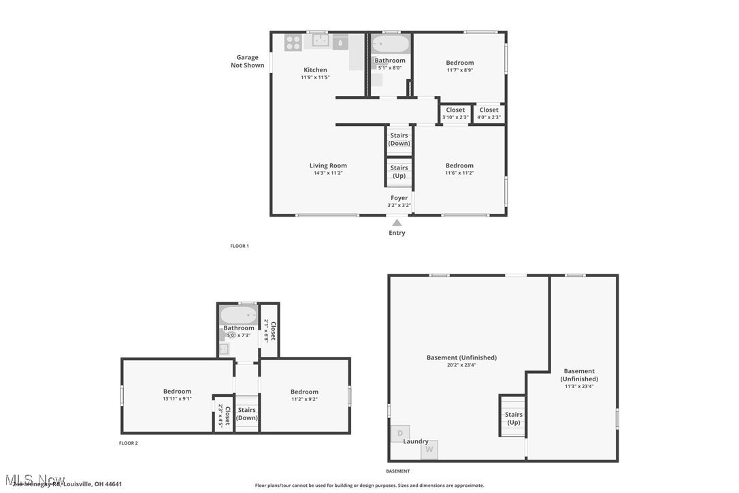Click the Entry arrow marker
pyautogui.click(x=397, y=222)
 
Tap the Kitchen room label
pyautogui.click(x=315, y=70)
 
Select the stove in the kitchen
pyautogui.click(x=293, y=42)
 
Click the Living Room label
pyautogui.click(x=328, y=165)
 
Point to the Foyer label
pyautogui.click(x=399, y=198)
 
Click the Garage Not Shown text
pyautogui.click(x=247, y=61)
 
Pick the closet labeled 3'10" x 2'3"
pyautogui.click(x=455, y=113)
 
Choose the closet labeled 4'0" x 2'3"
pyautogui.click(x=489, y=113)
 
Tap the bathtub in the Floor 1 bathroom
pyautogui.click(x=391, y=44)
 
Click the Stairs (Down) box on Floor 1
pyautogui.click(x=399, y=139)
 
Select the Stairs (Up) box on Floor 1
pyautogui.click(x=399, y=172)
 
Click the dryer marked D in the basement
pyautogui.click(x=400, y=433)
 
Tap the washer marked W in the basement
pyautogui.click(x=429, y=449)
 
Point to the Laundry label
pyautogui.click(x=416, y=441)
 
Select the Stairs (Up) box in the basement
pyautogui.click(x=513, y=417)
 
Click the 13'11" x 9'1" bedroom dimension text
pyautogui.click(x=177, y=399)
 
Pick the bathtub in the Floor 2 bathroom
pyautogui.click(x=239, y=315)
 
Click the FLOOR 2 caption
pyautogui.click(x=128, y=443)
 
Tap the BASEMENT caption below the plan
pyautogui.click(x=398, y=471)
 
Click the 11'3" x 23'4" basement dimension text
pyautogui.click(x=579, y=387)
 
